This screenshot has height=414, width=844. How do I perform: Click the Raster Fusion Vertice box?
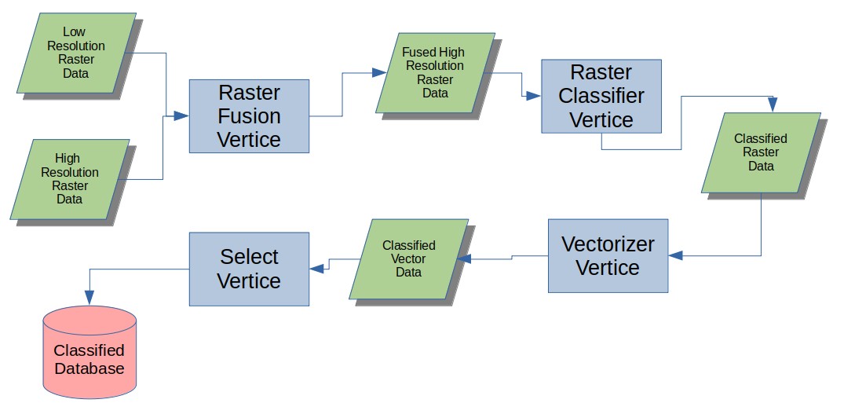pyautogui.click(x=249, y=116)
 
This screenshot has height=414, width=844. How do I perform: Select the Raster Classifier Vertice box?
pyautogui.click(x=601, y=97)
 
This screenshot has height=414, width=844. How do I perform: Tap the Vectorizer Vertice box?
pyautogui.click(x=608, y=256)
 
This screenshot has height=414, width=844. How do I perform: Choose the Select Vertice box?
pyautogui.click(x=249, y=269)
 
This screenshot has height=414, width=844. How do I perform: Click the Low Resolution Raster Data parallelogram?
pyautogui.click(x=76, y=53)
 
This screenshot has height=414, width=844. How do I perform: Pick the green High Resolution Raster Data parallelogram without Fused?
pyautogui.click(x=70, y=179)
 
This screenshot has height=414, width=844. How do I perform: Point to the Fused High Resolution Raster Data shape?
pyautogui.click(x=435, y=73)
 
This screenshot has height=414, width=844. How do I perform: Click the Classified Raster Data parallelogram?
pyautogui.click(x=761, y=152)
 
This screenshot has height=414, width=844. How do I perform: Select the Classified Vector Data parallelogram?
pyautogui.click(x=408, y=259)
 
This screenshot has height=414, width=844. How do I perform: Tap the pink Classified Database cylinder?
pyautogui.click(x=90, y=352)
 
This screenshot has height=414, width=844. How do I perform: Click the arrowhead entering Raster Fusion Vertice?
pyautogui.click(x=181, y=115)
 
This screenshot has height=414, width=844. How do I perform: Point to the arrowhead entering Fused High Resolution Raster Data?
pyautogui.click(x=379, y=73)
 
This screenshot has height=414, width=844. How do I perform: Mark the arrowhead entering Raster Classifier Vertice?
pyautogui.click(x=533, y=96)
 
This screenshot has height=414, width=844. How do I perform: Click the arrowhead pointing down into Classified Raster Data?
pyautogui.click(x=773, y=105)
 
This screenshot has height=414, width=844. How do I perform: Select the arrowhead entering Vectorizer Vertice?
pyautogui.click(x=675, y=255)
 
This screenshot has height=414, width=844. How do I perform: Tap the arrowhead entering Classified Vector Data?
pyautogui.click(x=464, y=259)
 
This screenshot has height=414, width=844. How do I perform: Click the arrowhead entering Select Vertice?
pyautogui.click(x=317, y=269)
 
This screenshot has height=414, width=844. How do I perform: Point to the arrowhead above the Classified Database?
pyautogui.click(x=90, y=298)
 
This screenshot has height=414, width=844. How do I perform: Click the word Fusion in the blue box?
pyautogui.click(x=249, y=116)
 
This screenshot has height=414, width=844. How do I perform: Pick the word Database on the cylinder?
pyautogui.click(x=90, y=368)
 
